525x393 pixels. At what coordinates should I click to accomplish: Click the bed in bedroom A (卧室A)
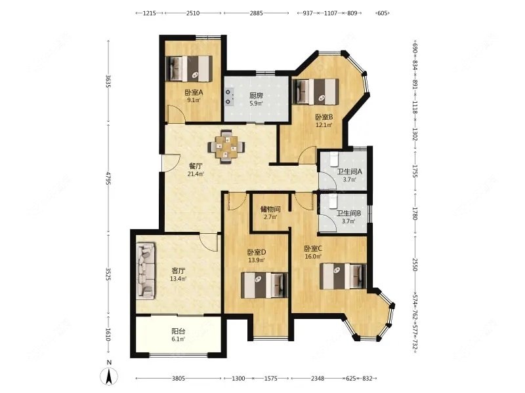(x=189, y=69)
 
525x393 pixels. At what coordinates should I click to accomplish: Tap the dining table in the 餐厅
(x=226, y=147)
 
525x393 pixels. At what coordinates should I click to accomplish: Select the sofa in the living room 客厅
(x=146, y=271)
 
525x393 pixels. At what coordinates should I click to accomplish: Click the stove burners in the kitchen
(x=229, y=96)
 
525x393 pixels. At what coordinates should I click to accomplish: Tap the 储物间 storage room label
(x=270, y=210)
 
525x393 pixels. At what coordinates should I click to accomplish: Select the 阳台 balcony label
(x=178, y=331)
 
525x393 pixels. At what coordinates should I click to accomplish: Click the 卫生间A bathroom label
(x=350, y=172)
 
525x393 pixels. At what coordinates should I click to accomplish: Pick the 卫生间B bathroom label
(x=349, y=214)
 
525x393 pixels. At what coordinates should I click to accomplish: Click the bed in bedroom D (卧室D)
(x=264, y=285)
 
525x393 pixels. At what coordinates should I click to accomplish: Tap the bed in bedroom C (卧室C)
(x=343, y=276)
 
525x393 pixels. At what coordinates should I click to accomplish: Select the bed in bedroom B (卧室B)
(x=316, y=92)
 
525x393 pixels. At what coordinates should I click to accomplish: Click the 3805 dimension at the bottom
(x=178, y=379)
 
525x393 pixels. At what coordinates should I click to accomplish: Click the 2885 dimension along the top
(x=256, y=13)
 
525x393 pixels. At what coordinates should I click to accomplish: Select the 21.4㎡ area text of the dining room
(x=196, y=174)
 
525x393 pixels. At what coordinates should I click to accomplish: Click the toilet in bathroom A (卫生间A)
(x=335, y=159)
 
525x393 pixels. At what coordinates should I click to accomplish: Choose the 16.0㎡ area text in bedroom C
(x=313, y=257)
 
